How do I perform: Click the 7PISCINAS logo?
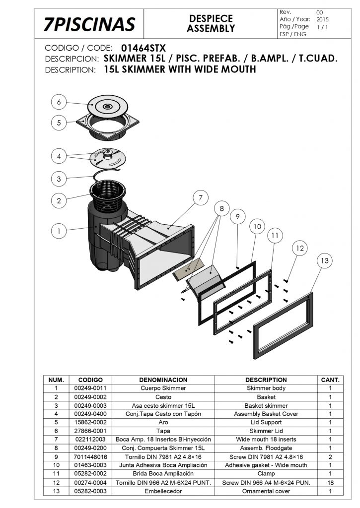(89, 24)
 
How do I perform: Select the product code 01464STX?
(144, 48)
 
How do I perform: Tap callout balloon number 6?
(59, 102)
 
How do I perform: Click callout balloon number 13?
(325, 261)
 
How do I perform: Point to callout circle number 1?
(59, 231)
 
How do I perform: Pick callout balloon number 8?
(222, 208)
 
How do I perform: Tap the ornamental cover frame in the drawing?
(283, 325)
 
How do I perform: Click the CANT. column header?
(330, 380)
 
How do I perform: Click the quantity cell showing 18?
(330, 482)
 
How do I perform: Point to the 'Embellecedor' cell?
(163, 491)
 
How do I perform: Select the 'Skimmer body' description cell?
(266, 388)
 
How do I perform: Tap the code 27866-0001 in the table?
(90, 431)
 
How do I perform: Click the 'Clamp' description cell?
(266, 474)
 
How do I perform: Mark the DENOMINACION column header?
(163, 380)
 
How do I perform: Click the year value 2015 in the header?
(322, 19)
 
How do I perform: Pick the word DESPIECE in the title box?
(211, 18)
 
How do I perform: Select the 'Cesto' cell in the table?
(163, 397)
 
